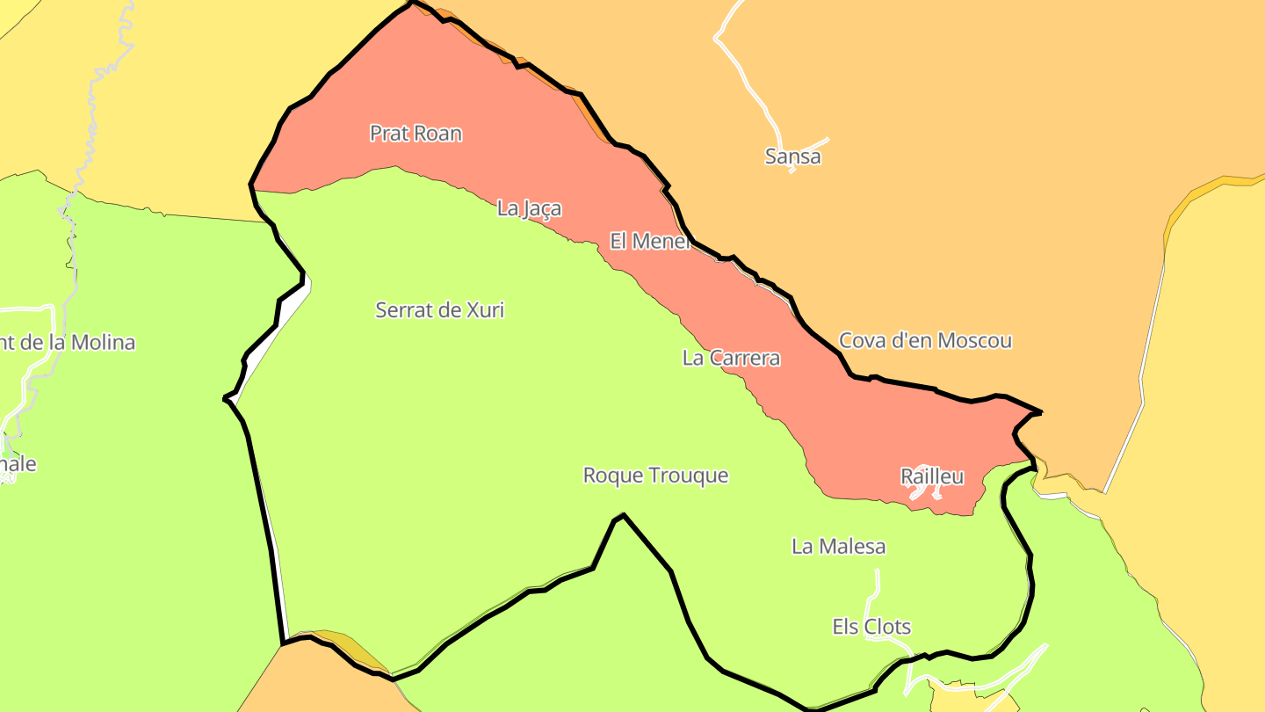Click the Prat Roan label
416,134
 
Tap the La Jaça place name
529,209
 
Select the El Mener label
650,241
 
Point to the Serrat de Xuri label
439,310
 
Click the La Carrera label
731,359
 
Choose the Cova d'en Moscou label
925,341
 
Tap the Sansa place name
792,157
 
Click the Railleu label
932,477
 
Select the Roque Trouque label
655,476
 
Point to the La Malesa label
838,547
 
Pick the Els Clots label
871,628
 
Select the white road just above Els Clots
875,589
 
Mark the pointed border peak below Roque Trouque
623,515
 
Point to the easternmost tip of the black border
1041,411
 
